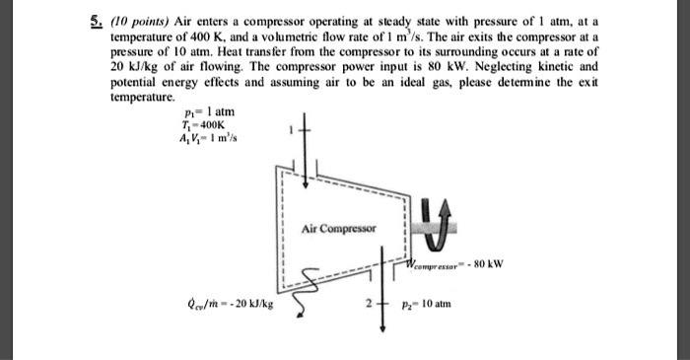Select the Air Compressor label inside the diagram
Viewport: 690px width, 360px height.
(341, 227)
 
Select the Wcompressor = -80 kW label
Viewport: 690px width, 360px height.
(456, 264)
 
